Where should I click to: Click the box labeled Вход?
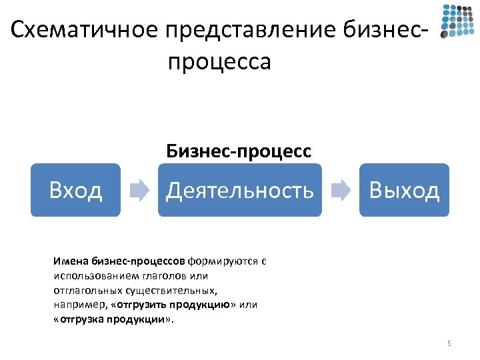[x=75, y=190]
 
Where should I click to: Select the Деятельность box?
[x=239, y=190]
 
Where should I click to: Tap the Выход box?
[x=405, y=190]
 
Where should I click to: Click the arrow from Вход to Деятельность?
[x=139, y=190]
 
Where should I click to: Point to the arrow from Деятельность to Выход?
[x=341, y=190]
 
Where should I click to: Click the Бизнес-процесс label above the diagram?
[x=239, y=151]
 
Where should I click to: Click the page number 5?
[x=449, y=343]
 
